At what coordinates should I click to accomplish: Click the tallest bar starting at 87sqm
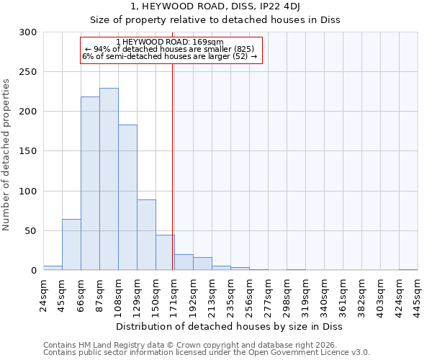coord(109,179)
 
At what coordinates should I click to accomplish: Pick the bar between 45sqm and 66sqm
coord(71,245)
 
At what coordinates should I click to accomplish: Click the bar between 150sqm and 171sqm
coord(165,252)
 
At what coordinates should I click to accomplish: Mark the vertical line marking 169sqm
coord(173,166)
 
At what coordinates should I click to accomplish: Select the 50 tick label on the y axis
coord(31,231)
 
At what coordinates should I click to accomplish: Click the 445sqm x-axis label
coord(418,294)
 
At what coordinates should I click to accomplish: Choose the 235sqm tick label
coord(230,294)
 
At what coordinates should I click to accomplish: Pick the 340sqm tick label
coord(324,294)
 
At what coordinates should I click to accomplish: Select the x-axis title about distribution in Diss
coord(230,327)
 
